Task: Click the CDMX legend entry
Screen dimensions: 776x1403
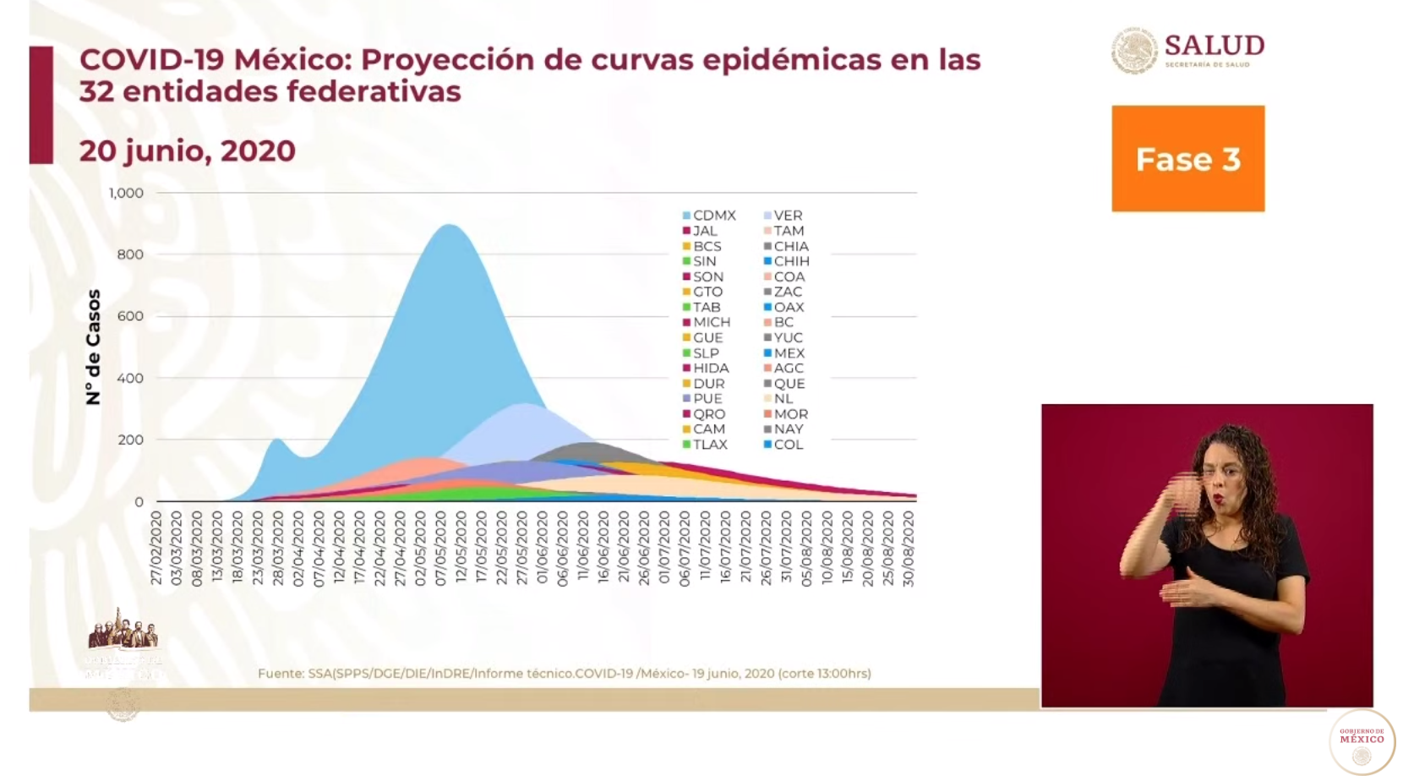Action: click(709, 216)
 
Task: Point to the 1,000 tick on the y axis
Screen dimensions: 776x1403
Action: click(126, 193)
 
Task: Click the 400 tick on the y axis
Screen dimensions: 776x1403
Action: click(129, 378)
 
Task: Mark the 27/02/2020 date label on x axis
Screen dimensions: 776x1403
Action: click(156, 547)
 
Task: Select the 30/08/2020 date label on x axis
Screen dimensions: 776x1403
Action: click(909, 547)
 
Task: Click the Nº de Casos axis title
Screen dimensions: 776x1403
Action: click(93, 347)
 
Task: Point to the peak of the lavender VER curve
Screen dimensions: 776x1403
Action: click(524, 405)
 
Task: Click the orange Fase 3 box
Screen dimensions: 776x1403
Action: click(1187, 158)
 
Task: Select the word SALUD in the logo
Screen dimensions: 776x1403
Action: click(1214, 45)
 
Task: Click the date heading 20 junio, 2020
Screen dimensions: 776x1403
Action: click(187, 150)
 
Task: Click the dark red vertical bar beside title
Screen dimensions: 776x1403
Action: click(41, 105)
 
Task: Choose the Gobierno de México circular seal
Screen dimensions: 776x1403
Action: click(1362, 741)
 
